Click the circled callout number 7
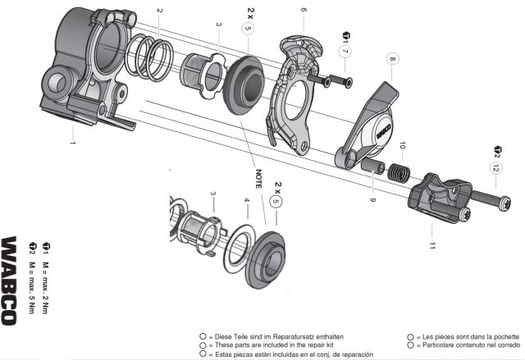[345, 52]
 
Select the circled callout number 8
[392, 59]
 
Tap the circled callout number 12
[496, 167]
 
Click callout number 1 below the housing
[73, 143]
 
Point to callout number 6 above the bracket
[304, 9]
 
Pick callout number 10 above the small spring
[403, 145]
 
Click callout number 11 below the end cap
[432, 245]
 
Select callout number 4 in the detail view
[247, 200]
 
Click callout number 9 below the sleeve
[372, 200]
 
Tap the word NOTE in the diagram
[258, 179]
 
